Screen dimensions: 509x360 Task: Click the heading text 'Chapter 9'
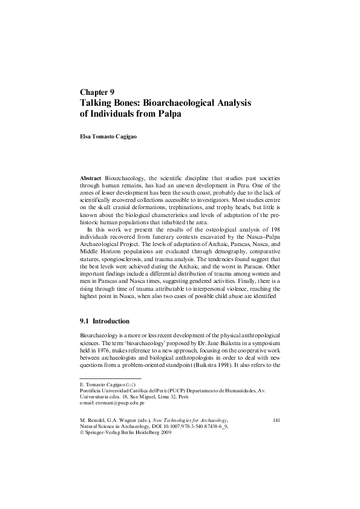[97, 92]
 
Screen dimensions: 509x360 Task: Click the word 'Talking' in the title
[98, 103]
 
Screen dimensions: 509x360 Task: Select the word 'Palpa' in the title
[166, 114]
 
